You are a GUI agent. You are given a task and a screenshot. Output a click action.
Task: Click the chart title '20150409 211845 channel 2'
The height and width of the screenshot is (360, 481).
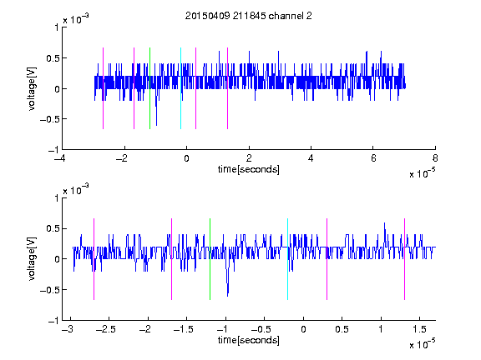point(249,16)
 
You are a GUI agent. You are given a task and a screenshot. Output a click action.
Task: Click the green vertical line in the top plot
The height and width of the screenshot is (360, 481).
point(149,88)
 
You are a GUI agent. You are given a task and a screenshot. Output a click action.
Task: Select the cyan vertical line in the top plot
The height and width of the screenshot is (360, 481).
point(180,88)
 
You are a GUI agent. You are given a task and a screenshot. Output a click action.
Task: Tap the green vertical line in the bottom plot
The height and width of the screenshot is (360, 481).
point(210,259)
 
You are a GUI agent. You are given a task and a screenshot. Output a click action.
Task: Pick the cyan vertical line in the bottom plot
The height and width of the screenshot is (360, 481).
point(287,259)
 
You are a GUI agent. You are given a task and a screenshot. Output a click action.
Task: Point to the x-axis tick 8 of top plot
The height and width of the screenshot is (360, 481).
point(435,158)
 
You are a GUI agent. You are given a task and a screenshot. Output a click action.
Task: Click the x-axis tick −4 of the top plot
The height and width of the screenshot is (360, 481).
point(60,158)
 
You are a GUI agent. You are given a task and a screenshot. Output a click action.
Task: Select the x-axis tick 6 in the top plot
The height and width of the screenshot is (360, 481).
point(373,158)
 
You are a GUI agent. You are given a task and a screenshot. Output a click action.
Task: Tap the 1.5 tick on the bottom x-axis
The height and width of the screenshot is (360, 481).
point(419,329)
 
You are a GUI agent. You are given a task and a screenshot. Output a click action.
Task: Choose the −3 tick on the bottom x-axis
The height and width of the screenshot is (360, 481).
point(68,329)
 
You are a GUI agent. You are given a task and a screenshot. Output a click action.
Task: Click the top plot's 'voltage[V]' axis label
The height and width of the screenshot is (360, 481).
point(32,88)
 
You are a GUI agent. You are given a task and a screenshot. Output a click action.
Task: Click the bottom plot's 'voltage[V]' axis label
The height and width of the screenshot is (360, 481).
point(32,259)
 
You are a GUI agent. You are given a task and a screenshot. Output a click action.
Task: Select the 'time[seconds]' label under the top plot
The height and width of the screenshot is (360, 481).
point(249,169)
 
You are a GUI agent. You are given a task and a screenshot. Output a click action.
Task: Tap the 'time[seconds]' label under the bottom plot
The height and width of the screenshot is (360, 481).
point(249,340)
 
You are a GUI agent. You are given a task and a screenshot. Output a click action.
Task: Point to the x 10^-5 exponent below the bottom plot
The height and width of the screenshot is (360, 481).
point(422,344)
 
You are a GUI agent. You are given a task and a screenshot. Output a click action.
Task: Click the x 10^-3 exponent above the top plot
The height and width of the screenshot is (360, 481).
point(76,19)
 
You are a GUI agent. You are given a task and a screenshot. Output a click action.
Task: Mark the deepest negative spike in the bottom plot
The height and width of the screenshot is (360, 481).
point(228,296)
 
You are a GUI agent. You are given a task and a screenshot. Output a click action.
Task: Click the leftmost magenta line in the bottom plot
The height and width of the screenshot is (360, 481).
point(94,259)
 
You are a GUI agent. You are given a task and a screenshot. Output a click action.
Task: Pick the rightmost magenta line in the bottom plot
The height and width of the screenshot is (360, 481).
point(404,259)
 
